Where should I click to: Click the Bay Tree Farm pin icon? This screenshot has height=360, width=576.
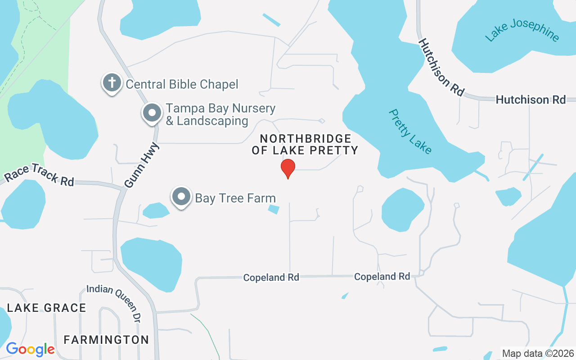(x=181, y=197)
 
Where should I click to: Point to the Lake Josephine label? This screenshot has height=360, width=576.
(x=522, y=31)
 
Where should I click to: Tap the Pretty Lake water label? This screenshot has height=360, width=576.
(x=410, y=131)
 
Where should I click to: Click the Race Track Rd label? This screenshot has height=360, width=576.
(x=39, y=175)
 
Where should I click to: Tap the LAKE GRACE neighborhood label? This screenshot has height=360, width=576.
(x=46, y=308)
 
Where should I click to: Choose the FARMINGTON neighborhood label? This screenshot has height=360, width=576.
(x=106, y=340)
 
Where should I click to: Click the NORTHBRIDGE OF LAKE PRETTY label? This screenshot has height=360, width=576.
(x=305, y=144)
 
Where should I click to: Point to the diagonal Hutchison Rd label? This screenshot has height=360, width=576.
(x=441, y=67)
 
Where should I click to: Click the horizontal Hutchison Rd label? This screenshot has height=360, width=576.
(x=531, y=99)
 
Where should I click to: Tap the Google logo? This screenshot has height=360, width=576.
(x=30, y=349)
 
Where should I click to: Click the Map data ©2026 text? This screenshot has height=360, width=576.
(x=538, y=353)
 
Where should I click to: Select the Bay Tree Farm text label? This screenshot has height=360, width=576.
(x=235, y=198)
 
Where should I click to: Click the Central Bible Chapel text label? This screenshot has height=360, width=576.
(x=182, y=84)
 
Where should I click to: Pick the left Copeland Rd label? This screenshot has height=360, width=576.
(x=271, y=278)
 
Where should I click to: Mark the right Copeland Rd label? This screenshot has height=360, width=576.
(x=382, y=276)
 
